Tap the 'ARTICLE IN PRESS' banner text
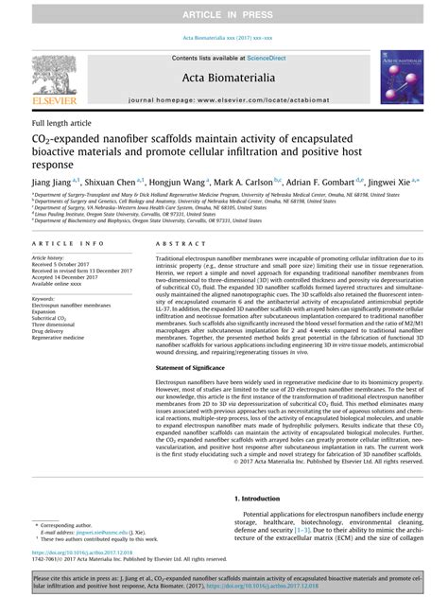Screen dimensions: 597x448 pyautogui.click(x=224, y=16)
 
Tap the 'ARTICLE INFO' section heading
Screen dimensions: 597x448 pyautogui.click(x=61, y=243)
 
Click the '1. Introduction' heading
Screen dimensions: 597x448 pyautogui.click(x=257, y=498)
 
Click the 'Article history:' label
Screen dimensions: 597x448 pyautogui.click(x=53, y=257)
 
